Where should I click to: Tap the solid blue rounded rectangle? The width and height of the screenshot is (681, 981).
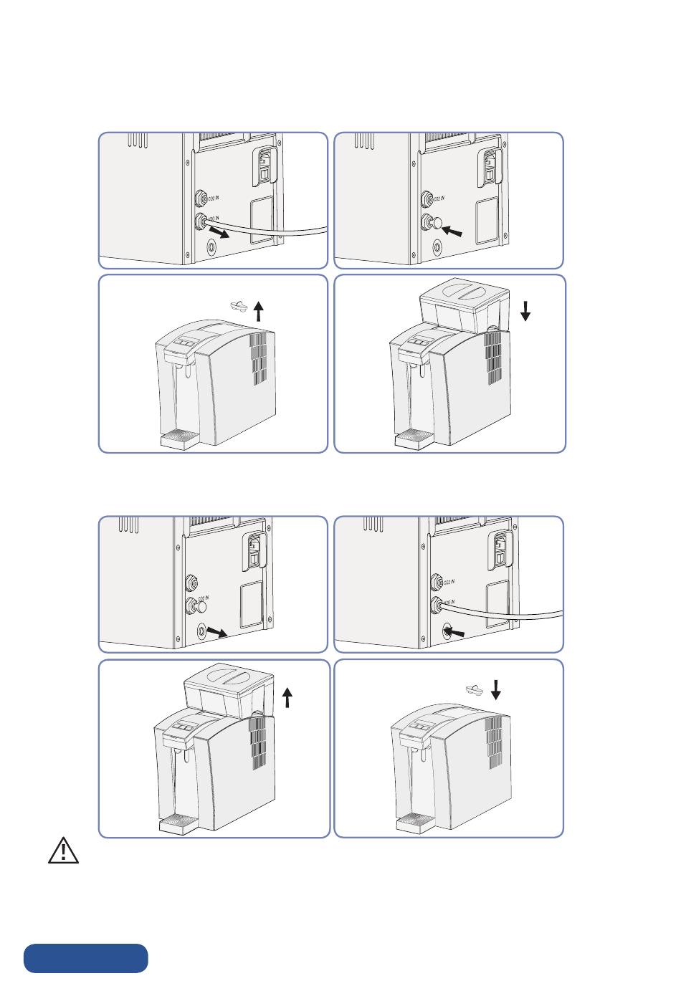[86, 958]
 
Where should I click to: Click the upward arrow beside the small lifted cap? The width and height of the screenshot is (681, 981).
[259, 312]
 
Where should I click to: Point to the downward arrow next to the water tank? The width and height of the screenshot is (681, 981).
[525, 310]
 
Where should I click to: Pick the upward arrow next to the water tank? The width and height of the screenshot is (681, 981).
[288, 697]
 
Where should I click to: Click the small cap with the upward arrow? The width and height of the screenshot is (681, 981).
[239, 307]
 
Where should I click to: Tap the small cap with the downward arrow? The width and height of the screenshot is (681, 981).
[474, 689]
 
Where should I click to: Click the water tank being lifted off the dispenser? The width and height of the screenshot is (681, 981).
[228, 689]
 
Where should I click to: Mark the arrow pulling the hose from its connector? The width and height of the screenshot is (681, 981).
[219, 233]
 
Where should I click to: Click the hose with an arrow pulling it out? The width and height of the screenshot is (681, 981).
[272, 230]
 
